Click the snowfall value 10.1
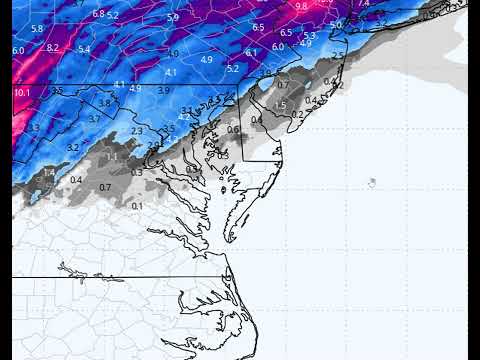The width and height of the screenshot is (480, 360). pos(22,92)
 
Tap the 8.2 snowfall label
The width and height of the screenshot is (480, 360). pos(52,47)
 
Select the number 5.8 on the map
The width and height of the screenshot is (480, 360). pos(37,29)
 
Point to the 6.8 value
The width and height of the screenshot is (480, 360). pos(98,13)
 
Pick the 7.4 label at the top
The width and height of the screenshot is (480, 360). pos(363,4)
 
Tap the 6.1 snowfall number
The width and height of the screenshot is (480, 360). pos(251,52)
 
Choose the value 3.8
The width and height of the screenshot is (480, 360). pos(104,103)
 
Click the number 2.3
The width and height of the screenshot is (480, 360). pos(137,131)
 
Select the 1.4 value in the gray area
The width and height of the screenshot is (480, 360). pos(48,172)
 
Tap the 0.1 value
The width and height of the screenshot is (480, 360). pos(137,206)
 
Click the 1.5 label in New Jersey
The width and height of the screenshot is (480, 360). pos(280,105)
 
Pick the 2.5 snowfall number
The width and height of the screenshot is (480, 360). pos(338,53)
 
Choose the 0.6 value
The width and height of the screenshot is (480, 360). pos(233,130)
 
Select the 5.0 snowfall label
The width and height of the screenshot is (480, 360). pos(336,24)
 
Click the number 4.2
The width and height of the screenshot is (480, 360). pos(183,117)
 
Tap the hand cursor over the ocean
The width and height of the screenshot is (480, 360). pos(371,182)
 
